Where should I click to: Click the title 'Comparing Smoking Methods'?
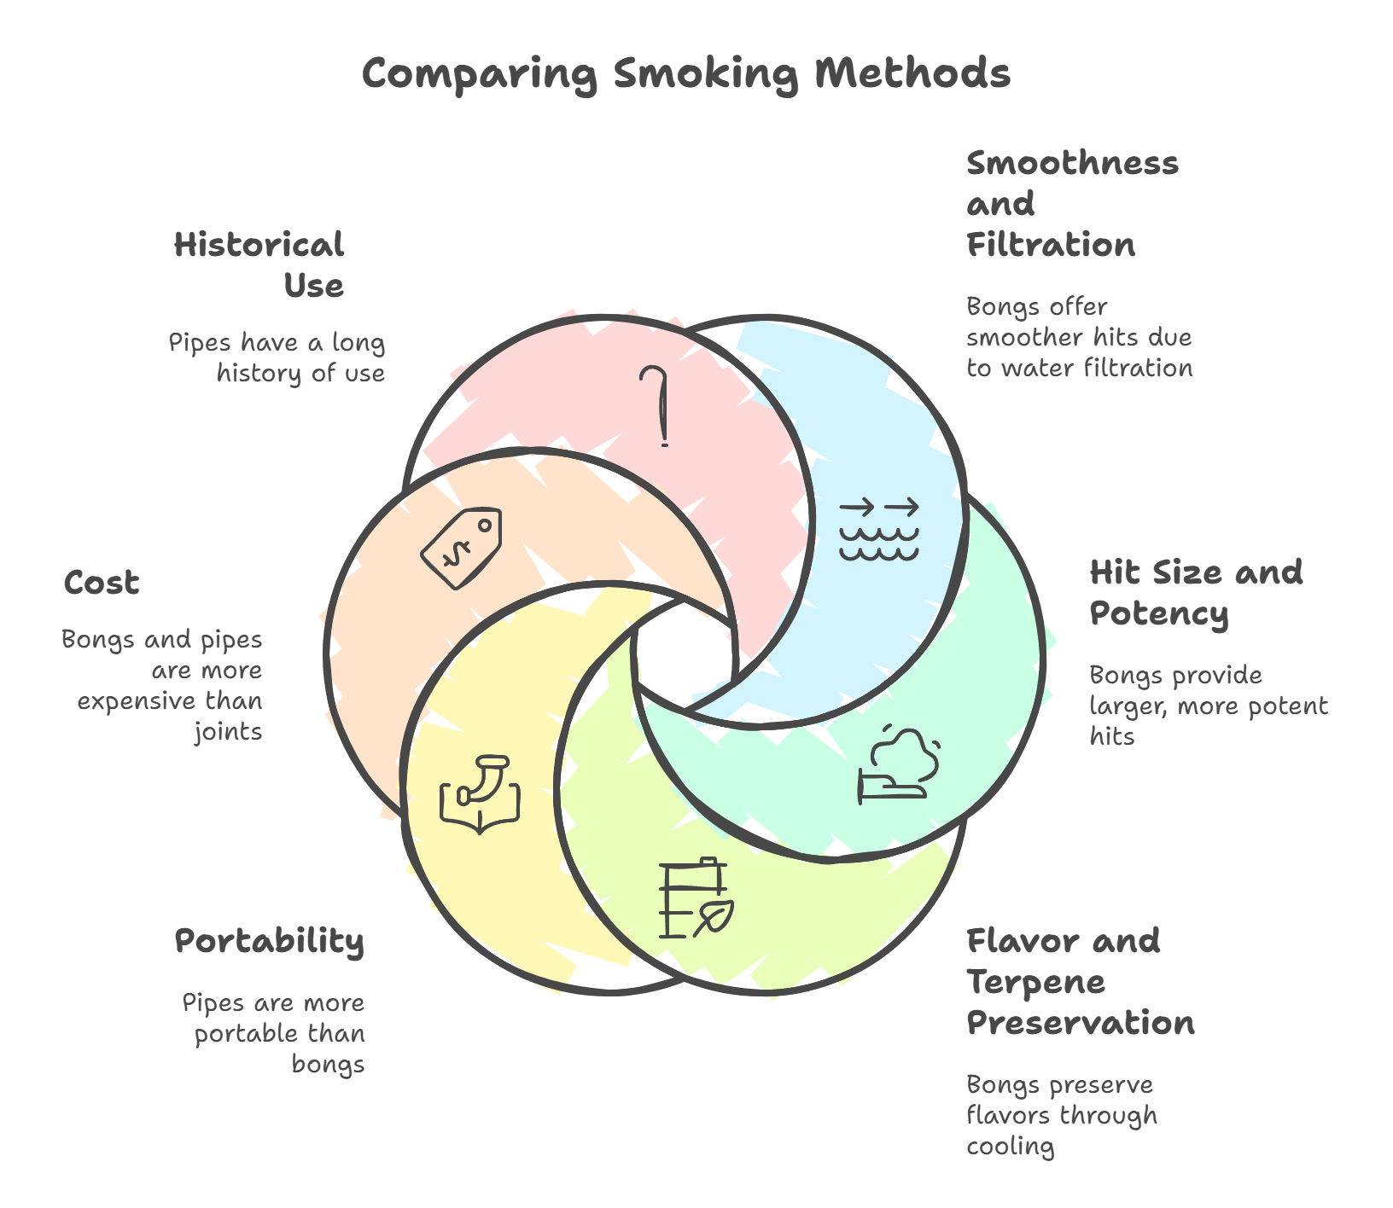coord(685,73)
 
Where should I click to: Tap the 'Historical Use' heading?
coord(259,265)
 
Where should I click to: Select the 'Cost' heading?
coord(101,584)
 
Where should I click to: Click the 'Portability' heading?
coord(270,941)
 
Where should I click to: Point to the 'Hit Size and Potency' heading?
coord(1196,593)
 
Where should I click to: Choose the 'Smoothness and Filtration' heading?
coord(1072,204)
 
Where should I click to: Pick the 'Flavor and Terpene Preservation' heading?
coord(1080,982)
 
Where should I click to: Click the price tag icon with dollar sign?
coord(462,547)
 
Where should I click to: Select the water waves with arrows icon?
coord(879,530)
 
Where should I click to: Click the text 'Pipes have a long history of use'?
coord(277,358)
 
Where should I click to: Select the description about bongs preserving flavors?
coord(1061,1116)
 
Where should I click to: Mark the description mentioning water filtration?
coord(1079,338)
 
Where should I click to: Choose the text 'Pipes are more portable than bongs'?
coord(274,1034)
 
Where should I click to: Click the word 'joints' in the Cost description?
coord(228,732)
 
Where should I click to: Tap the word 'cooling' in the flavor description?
coord(1011,1147)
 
